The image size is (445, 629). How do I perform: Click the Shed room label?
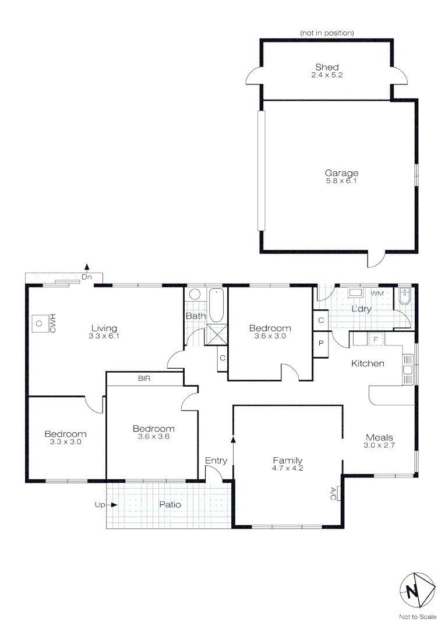327,67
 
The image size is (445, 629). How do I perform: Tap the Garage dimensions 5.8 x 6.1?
341,181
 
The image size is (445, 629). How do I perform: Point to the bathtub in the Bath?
216,305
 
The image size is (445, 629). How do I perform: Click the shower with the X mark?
216,334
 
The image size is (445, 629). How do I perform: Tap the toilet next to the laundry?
404,296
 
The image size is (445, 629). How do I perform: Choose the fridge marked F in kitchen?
376,339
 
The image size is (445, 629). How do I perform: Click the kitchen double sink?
408,369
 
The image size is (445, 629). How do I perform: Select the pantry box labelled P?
321,344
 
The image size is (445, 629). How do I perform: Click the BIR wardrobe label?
144,379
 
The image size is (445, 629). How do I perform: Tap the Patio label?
170,504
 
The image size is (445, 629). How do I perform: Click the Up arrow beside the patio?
114,504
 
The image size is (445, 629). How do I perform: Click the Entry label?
216,461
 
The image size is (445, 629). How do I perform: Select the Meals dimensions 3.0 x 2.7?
379,446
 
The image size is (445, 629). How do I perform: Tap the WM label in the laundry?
377,294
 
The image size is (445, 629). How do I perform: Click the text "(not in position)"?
327,33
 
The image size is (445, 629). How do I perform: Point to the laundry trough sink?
355,292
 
